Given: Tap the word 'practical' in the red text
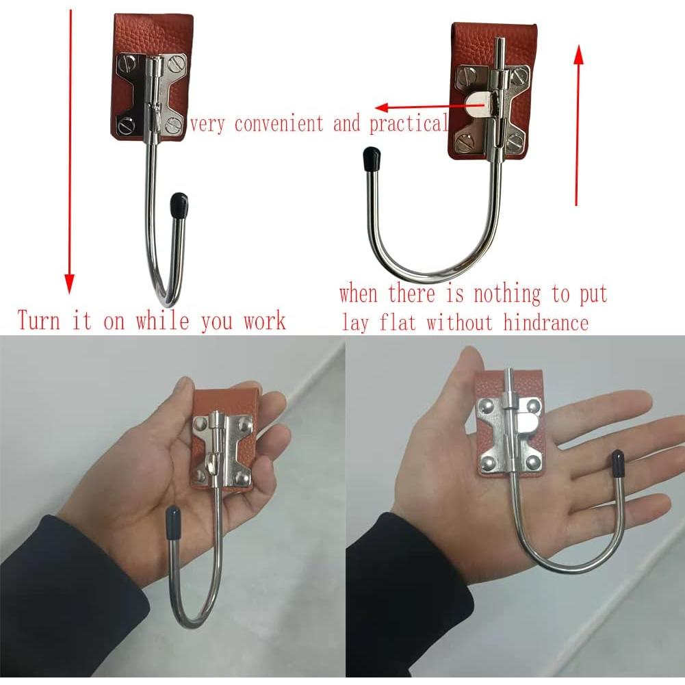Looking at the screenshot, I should (408, 125).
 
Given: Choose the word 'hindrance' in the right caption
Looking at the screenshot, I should (545, 322).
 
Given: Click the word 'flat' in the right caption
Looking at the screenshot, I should (396, 322).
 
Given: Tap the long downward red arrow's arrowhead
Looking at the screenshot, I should (69, 283).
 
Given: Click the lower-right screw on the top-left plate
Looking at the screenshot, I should (173, 125).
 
